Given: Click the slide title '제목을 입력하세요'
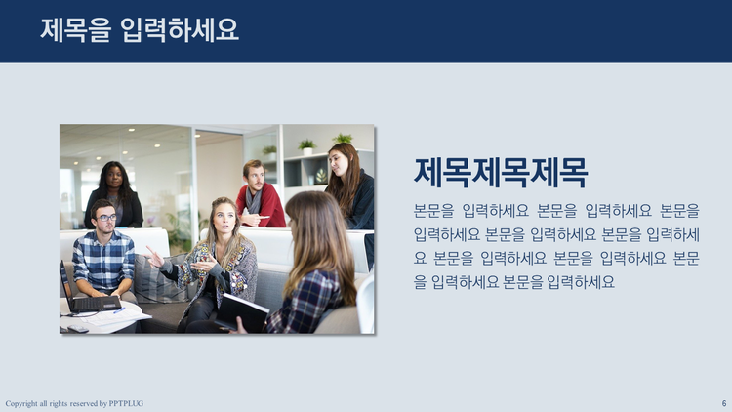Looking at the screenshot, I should click(140, 30).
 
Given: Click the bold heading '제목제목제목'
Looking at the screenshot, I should click(500, 174).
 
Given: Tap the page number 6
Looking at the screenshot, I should click(724, 403).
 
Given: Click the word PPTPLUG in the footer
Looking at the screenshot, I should click(125, 404).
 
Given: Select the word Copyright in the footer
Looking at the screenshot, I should click(21, 404).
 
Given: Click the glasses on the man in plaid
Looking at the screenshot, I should click(105, 217).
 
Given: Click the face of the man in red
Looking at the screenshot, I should click(254, 175).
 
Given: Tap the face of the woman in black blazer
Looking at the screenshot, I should click(116, 179).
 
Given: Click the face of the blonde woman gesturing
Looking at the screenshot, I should click(224, 217).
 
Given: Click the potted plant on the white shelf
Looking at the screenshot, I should click(306, 146).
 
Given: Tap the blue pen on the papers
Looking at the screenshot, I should click(120, 309).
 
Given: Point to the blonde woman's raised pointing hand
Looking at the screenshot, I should click(151, 258).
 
